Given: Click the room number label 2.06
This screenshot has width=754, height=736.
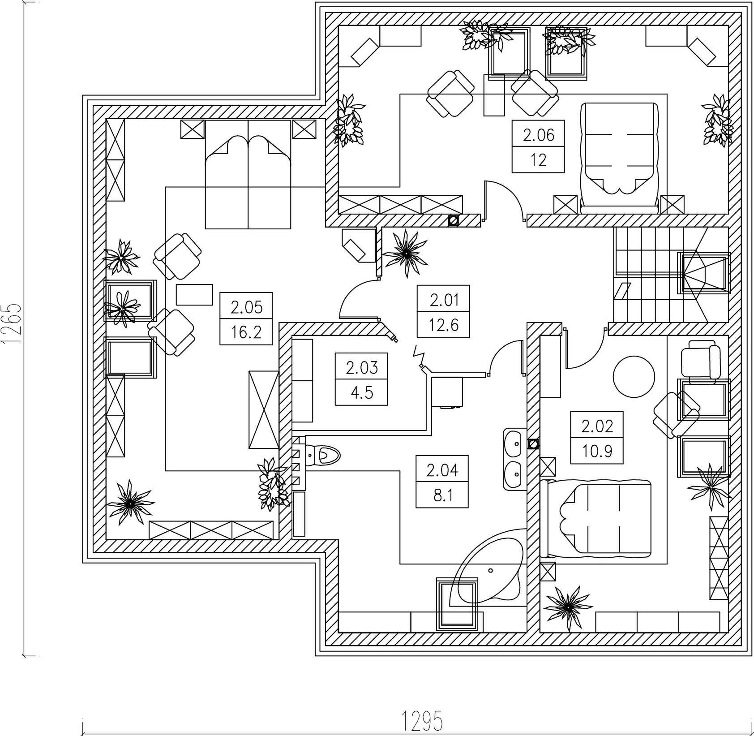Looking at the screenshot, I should point(538,134).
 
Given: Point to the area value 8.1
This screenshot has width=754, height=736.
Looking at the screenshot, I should point(442,496).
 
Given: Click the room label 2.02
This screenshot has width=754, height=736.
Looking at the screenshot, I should point(597,426).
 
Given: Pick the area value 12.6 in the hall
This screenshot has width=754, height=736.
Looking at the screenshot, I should point(444,324).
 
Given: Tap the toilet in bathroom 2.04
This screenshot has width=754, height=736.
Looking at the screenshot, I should point(322,455).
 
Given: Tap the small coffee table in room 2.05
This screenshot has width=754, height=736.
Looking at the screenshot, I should point(194,295).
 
